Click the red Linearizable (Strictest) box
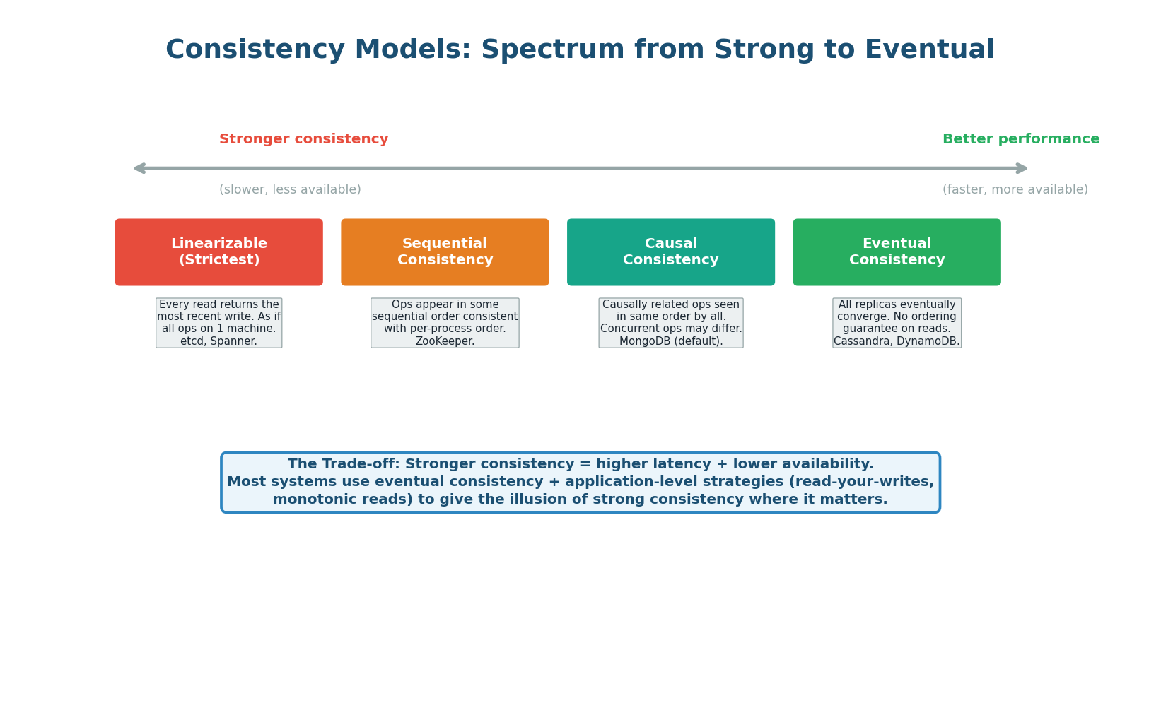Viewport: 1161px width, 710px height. (x=218, y=252)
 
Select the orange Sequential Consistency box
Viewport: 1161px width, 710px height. (x=445, y=252)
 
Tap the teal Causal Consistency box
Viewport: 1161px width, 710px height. (x=670, y=252)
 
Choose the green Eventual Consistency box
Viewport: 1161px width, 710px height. (x=897, y=252)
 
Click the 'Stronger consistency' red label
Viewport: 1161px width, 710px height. (x=303, y=139)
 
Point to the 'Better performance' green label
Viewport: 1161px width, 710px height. (x=1020, y=139)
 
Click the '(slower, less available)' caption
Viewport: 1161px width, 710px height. (x=290, y=189)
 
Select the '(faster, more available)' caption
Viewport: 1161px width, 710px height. (x=1015, y=189)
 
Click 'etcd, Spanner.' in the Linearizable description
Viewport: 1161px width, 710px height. (x=218, y=341)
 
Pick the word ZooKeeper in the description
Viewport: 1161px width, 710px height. (x=445, y=341)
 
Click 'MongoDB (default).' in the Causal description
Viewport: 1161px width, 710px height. (x=670, y=341)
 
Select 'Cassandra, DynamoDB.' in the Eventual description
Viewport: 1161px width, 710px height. (x=897, y=341)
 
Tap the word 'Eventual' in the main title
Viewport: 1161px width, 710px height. (x=929, y=50)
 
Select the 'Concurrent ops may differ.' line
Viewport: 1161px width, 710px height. (x=670, y=329)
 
